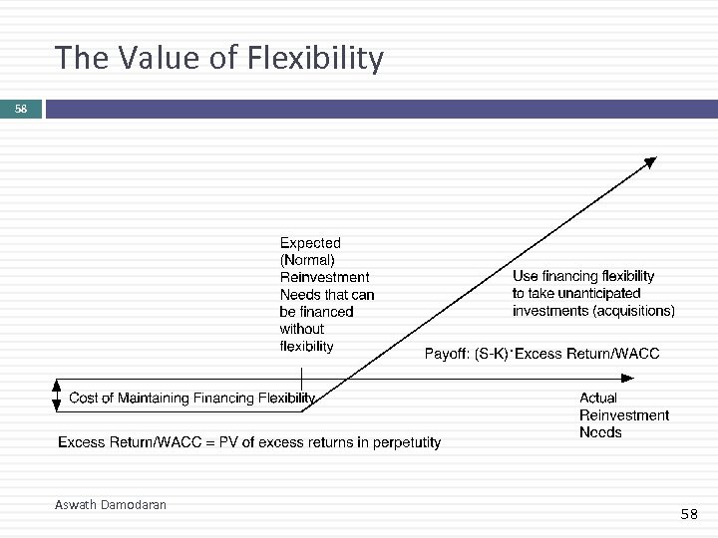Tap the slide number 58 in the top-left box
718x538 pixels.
21,108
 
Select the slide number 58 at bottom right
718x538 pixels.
689,514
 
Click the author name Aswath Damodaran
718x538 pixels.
111,505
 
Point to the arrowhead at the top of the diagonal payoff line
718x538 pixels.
649,162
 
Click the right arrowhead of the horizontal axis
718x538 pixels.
627,379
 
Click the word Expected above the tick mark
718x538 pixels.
310,242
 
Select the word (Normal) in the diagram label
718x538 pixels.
308,260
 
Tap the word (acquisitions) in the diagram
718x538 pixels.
633,311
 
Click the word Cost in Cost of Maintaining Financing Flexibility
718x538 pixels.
84,399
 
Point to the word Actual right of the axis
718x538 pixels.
598,399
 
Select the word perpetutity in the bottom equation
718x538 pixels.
400,442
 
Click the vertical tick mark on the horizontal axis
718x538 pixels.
301,380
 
